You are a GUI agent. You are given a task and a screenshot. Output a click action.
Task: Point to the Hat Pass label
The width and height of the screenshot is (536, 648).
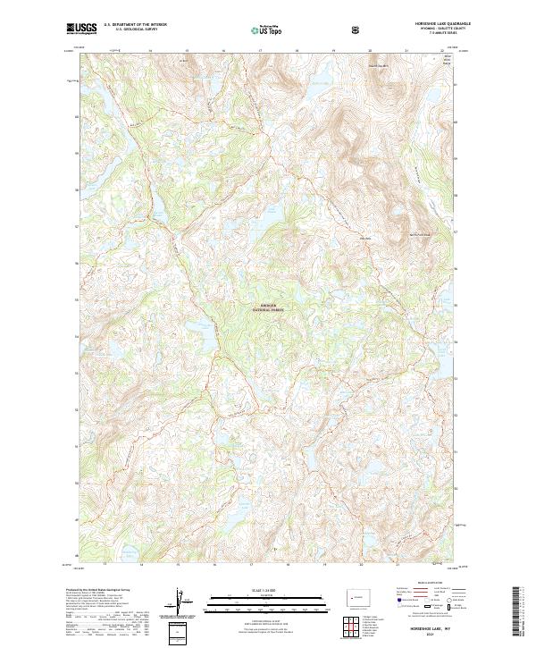coord(364,238)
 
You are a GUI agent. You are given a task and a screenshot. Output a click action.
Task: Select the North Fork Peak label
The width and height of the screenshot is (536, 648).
coord(420,234)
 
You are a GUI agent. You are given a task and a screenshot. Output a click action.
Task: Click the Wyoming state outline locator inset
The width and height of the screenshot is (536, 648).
coord(357,595)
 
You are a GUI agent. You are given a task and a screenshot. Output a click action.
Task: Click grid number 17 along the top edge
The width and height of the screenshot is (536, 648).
coord(259,52)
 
